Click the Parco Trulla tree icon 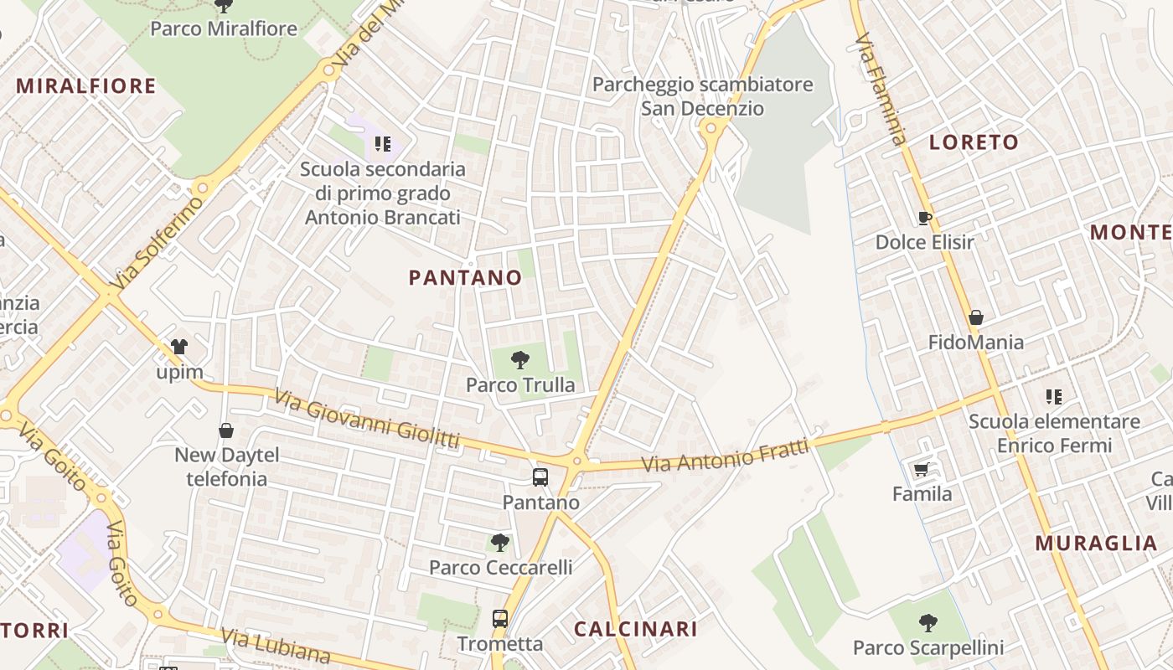tap(520, 361)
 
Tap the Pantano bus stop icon tap(540, 477)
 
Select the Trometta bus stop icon tap(500, 619)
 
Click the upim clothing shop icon tap(179, 347)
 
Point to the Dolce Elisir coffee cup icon tap(925, 219)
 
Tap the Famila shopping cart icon tap(922, 470)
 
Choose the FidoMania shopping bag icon tap(975, 318)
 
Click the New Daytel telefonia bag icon tap(226, 431)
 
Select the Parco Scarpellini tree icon tap(928, 623)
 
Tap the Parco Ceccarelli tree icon tap(500, 543)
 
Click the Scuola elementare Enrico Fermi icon tap(1054, 397)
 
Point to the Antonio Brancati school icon tap(383, 144)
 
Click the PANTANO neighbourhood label tap(466, 278)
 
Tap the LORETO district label tap(974, 142)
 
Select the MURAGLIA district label tap(1096, 543)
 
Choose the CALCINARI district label tap(635, 629)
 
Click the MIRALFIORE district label tap(86, 86)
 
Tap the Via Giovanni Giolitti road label tap(367, 422)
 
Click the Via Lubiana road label tap(277, 647)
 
